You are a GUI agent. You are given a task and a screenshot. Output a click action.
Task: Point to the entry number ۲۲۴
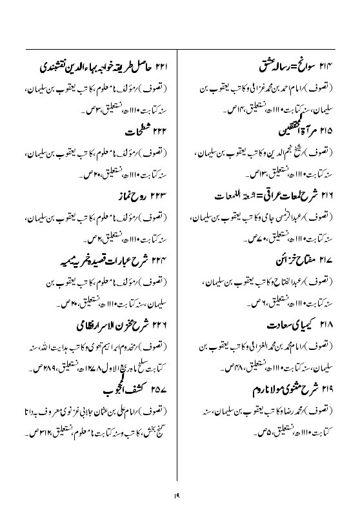click(x=160, y=260)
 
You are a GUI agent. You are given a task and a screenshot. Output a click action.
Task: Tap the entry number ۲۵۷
click(x=160, y=391)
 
